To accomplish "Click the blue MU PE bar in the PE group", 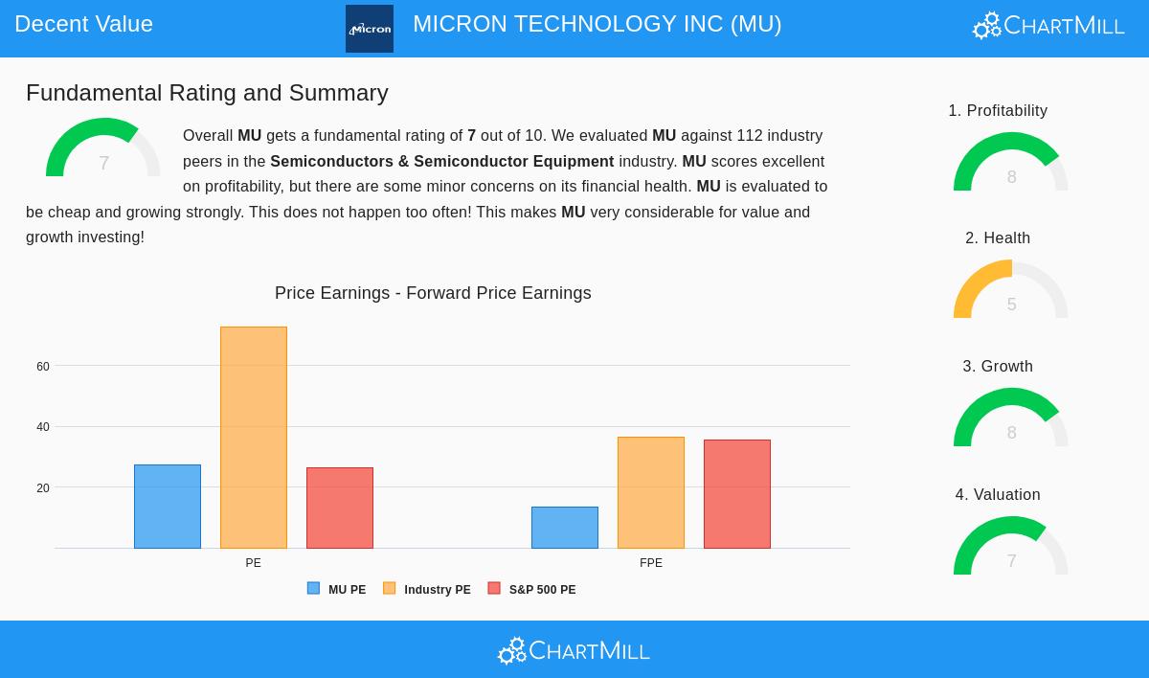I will coord(168,507).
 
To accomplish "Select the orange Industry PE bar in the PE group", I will coord(254,438).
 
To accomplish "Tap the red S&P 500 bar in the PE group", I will coord(340,508).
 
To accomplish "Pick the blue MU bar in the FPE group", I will coord(565,528).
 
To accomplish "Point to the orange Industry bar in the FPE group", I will coord(651,492).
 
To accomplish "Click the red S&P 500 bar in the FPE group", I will coord(737,494).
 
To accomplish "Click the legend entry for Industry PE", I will coord(427,590).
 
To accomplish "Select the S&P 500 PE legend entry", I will coord(532,590).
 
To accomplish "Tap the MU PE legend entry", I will coord(337,590).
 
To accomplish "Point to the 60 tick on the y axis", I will coord(43,367).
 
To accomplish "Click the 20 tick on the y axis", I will coord(43,488).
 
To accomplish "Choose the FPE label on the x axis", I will coord(651,563).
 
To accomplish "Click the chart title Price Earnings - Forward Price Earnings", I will coord(433,293).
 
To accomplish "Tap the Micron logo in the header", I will coord(370,29).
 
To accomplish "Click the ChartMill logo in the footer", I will coord(574,650).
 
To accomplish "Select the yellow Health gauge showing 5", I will coord(1011,290).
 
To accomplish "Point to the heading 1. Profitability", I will coord(998,111).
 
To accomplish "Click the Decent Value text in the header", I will coord(83,24).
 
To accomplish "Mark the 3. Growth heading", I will coord(998,367).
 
